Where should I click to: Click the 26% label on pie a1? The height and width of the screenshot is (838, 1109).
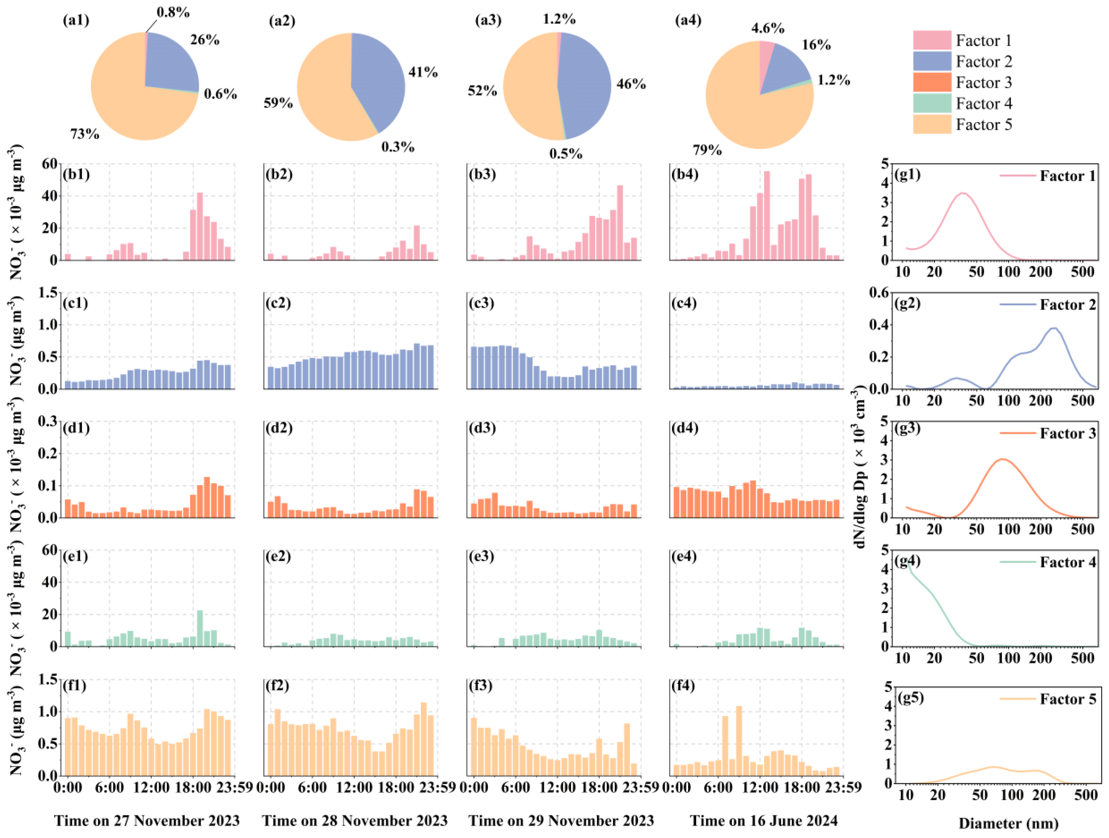(x=205, y=40)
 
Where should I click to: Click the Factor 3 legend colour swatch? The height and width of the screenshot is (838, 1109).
(x=931, y=82)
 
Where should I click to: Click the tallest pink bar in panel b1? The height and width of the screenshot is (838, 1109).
(x=200, y=225)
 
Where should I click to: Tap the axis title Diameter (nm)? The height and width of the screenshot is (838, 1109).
(x=1008, y=823)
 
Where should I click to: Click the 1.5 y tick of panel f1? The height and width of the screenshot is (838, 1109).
(x=48, y=679)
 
